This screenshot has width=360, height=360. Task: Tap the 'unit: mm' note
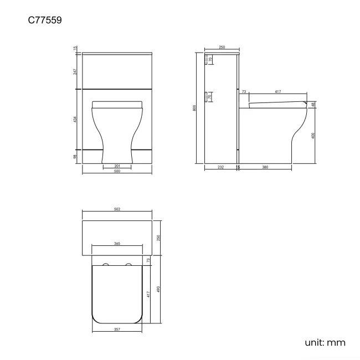[325, 342]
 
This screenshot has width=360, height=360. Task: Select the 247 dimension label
[76, 71]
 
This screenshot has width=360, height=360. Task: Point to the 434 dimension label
[76, 120]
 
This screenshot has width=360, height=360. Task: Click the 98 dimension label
[76, 157]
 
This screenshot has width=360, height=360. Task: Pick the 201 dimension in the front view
[117, 166]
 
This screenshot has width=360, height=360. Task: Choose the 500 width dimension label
[117, 171]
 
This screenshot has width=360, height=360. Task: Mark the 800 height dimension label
[194, 109]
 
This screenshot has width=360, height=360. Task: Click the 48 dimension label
[313, 105]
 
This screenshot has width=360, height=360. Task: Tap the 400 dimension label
[313, 136]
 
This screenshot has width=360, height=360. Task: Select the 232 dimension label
[221, 167]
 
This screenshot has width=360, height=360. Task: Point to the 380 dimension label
[265, 167]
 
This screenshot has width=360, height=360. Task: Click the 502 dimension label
[117, 209]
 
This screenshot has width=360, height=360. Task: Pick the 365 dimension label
[117, 243]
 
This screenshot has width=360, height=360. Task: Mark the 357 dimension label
[117, 330]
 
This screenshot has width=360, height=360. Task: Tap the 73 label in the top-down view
[148, 260]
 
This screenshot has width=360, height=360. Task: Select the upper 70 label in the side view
[210, 60]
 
